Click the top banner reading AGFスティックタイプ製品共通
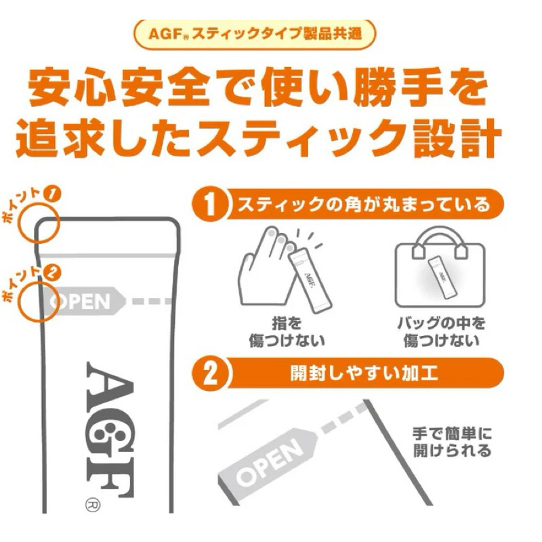255,35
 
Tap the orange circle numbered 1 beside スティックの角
210,205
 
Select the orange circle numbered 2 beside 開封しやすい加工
210,374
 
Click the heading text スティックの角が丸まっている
364,205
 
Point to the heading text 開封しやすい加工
364,373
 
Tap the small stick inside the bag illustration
442,277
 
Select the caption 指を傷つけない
287,332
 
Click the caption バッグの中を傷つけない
442,332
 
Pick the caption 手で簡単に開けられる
452,442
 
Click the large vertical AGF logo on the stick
110,430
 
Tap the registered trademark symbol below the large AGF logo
93,505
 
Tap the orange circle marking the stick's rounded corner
20,223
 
